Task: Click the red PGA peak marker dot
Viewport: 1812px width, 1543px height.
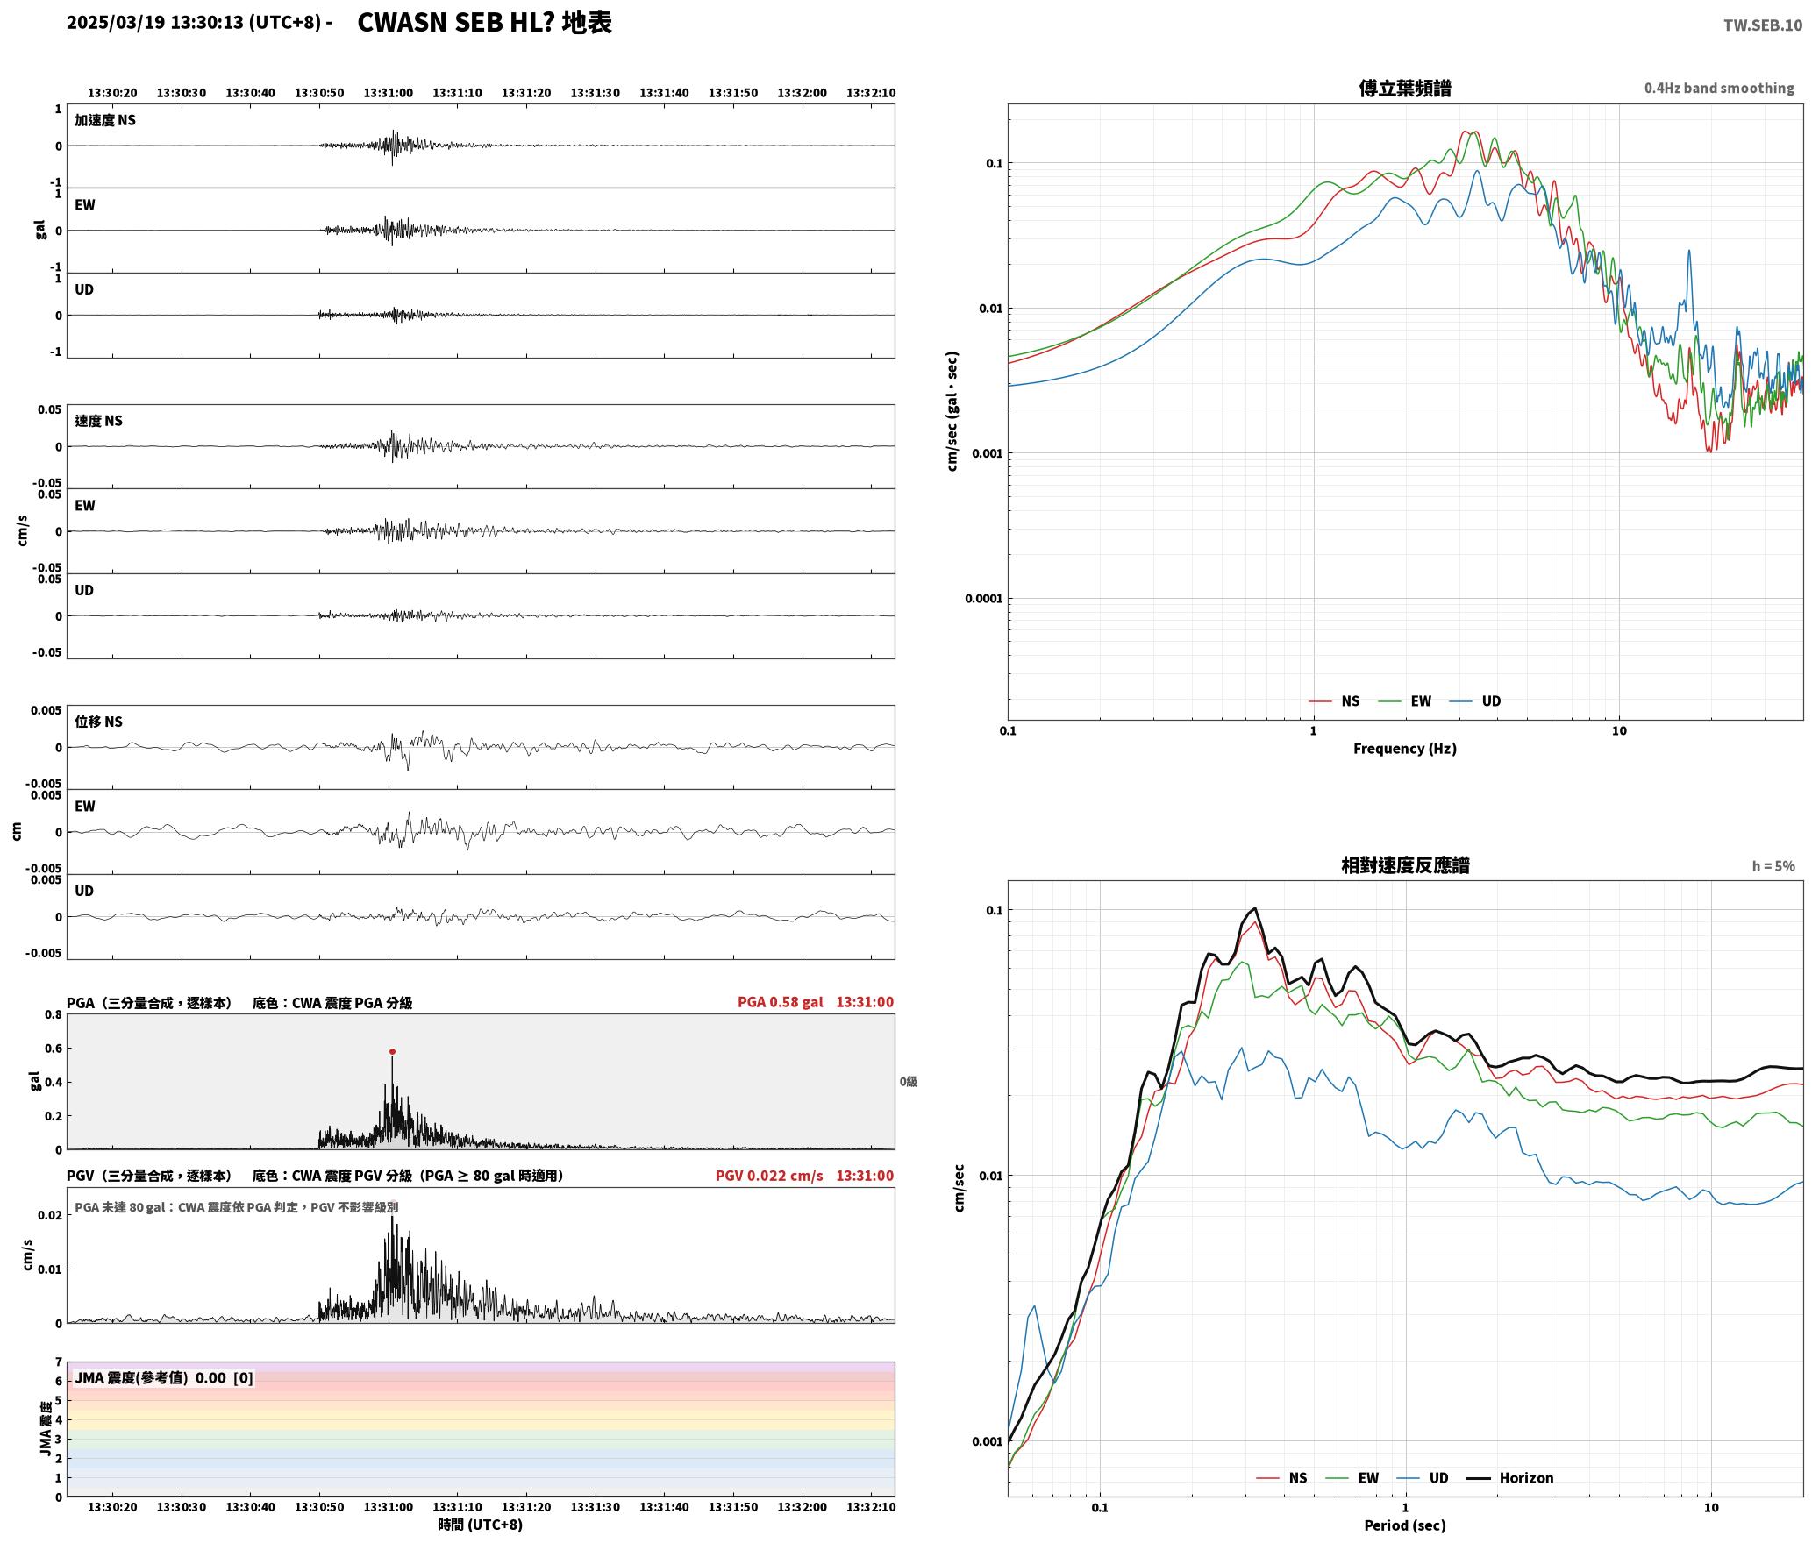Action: pyautogui.click(x=392, y=1051)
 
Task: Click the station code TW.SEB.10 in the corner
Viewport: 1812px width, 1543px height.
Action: pyautogui.click(x=1763, y=25)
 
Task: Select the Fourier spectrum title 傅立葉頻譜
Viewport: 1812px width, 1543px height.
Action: pyautogui.click(x=1405, y=88)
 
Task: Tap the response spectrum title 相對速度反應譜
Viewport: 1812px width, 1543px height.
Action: pyautogui.click(x=1405, y=865)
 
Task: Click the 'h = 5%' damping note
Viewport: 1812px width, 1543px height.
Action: pyautogui.click(x=1773, y=866)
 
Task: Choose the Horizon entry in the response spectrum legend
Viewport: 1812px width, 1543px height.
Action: pyautogui.click(x=1526, y=1478)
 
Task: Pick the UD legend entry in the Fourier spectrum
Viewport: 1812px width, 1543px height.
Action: pyautogui.click(x=1491, y=701)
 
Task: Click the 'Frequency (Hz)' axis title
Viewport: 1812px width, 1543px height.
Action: pyautogui.click(x=1405, y=749)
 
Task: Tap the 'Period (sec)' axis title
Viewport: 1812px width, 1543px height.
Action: pyautogui.click(x=1405, y=1525)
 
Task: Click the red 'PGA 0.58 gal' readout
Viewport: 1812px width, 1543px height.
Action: pyautogui.click(x=780, y=1002)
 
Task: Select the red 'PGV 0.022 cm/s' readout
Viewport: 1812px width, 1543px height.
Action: pyautogui.click(x=769, y=1176)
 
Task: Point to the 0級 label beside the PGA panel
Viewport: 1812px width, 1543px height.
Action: pyautogui.click(x=909, y=1082)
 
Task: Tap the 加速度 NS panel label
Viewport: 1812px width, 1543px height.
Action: pyautogui.click(x=105, y=120)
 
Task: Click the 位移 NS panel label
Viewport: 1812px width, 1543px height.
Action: pyautogui.click(x=98, y=722)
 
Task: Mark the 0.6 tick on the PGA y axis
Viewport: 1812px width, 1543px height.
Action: pyautogui.click(x=54, y=1049)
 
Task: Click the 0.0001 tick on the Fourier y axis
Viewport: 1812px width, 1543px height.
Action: pyautogui.click(x=984, y=599)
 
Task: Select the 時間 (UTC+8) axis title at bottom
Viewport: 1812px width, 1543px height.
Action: pyautogui.click(x=481, y=1525)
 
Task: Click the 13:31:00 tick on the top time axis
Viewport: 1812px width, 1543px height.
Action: pyautogui.click(x=389, y=93)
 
